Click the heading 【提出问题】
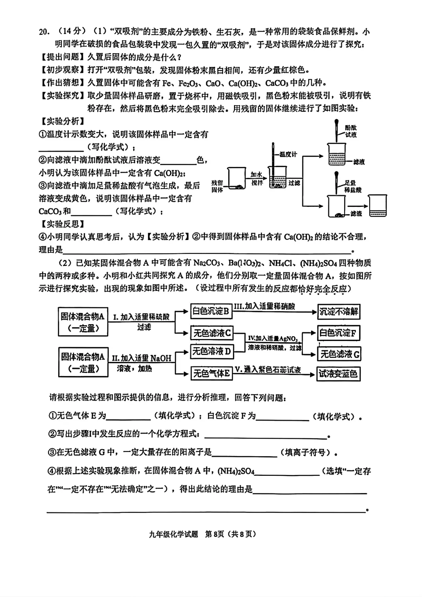tap(63, 57)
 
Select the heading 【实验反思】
tap(63, 224)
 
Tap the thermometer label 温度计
tap(288, 154)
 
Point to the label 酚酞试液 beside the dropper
tap(350, 131)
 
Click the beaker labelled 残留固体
tap(236, 179)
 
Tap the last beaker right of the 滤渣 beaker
tap(378, 206)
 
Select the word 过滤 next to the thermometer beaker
tap(294, 183)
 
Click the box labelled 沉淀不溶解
tap(339, 312)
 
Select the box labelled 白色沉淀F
tap(338, 333)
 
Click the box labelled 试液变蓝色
tap(338, 374)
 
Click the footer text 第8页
tap(215, 534)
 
